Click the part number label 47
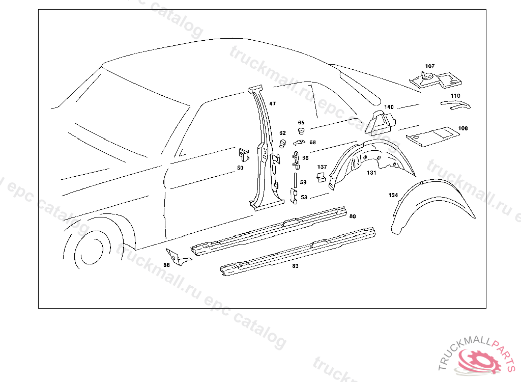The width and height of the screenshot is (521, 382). (x=273, y=104)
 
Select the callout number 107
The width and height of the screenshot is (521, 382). (x=430, y=66)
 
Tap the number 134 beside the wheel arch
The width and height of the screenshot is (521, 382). (x=393, y=195)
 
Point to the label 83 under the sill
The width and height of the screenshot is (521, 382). (x=295, y=266)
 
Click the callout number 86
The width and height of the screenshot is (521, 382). (x=166, y=265)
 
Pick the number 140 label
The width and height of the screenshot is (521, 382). (x=389, y=107)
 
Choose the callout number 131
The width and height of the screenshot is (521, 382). (x=372, y=173)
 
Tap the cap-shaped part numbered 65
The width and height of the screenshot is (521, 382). (x=301, y=131)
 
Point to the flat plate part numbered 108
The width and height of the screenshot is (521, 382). (x=431, y=135)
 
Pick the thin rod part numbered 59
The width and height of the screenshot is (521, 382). (x=295, y=180)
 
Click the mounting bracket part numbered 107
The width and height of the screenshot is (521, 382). (x=436, y=79)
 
